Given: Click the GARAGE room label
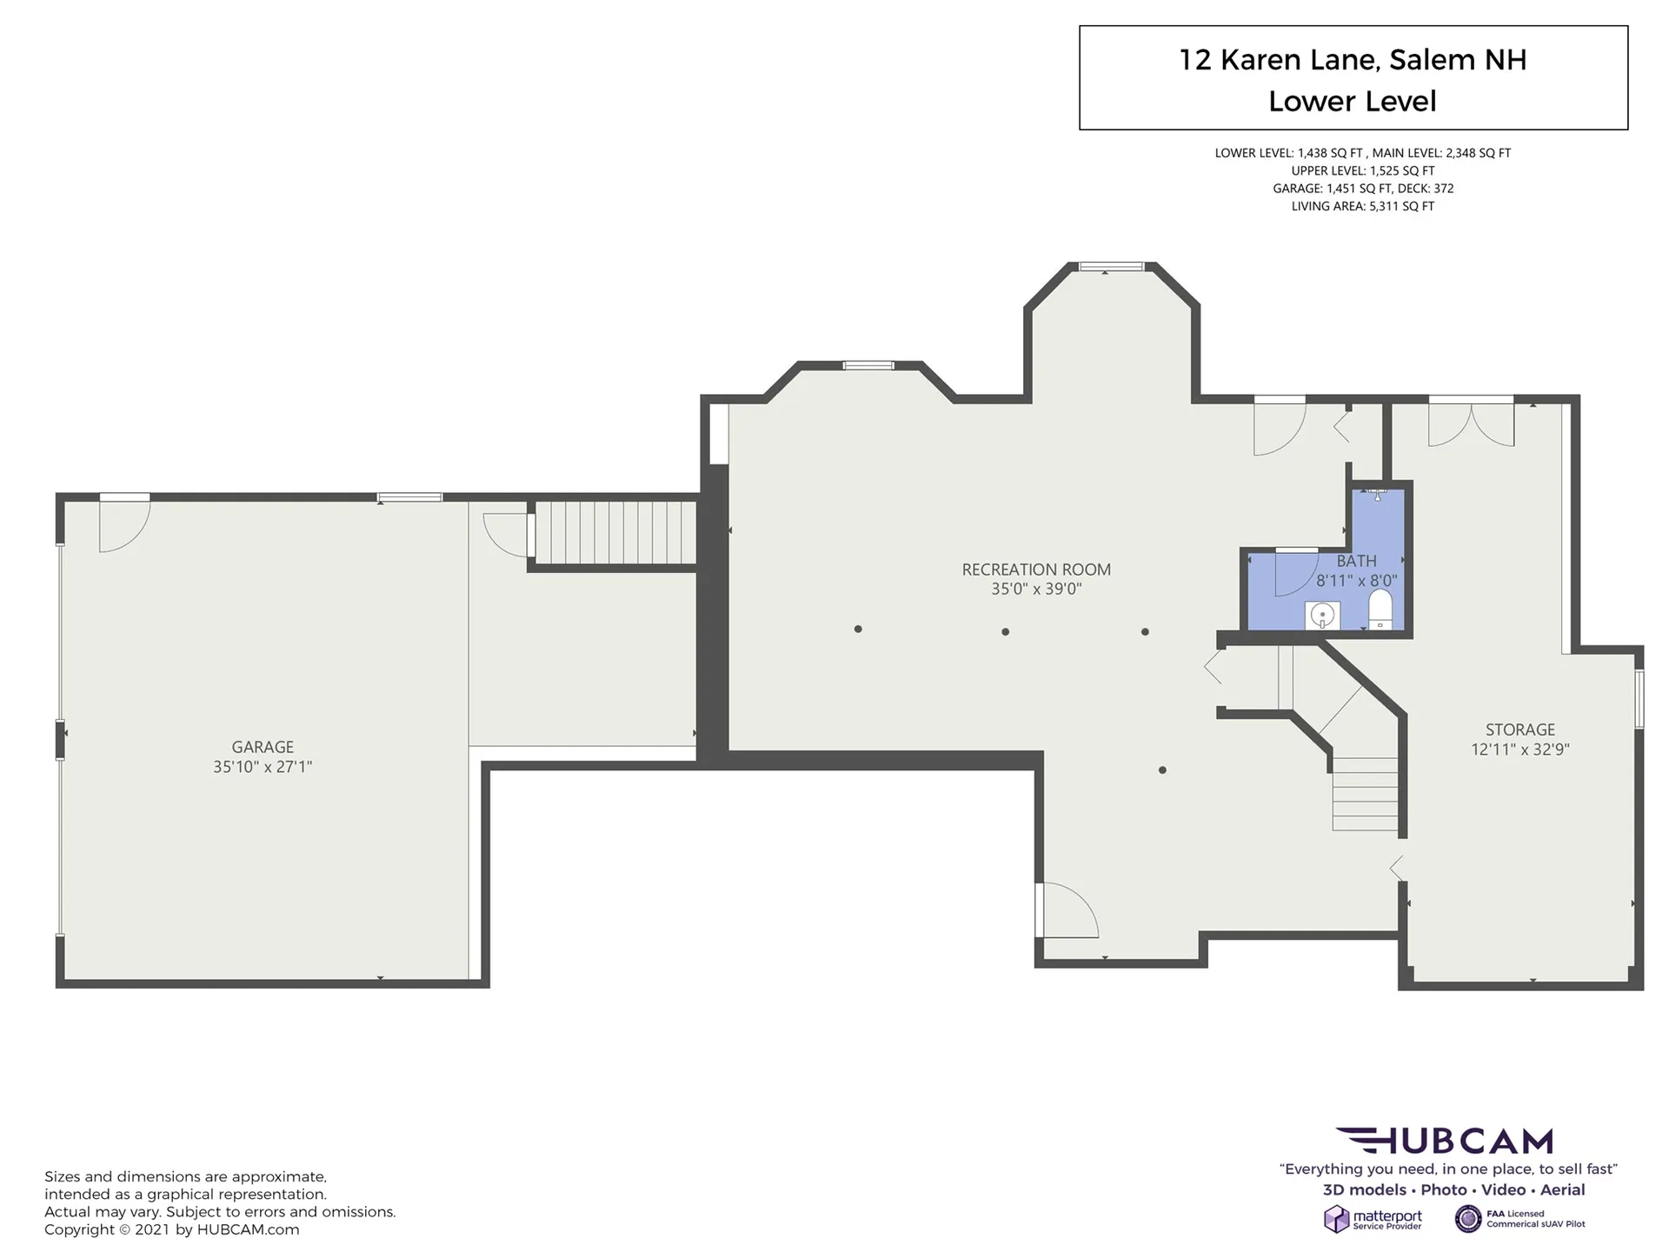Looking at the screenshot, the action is coord(263,747).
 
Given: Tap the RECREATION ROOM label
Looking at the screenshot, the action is coord(1036,569).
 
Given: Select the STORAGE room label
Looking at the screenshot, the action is coord(1520,729).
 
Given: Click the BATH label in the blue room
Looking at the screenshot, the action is coord(1357,561).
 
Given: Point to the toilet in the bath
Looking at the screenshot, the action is coord(1380,609).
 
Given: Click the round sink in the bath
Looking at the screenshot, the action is coord(1322,616).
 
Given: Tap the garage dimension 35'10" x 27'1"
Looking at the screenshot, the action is coord(263,767).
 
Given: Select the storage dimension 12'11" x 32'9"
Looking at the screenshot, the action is coord(1520,749).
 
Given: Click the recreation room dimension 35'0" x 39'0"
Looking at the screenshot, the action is coord(1036,589).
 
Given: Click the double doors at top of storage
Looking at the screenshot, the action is coord(1471,423).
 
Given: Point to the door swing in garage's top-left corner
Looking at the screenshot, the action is coord(124,524).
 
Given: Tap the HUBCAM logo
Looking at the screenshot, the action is coord(1445,1141).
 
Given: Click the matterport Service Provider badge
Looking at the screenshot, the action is coord(1373,1219).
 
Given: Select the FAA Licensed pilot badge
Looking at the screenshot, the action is coord(1520,1219).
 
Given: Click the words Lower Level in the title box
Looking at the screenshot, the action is coord(1353,102).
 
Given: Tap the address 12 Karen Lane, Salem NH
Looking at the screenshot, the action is coord(1353,60).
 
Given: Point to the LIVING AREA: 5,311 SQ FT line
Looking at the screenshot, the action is coord(1363,206).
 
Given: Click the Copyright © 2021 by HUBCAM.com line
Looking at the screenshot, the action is coord(172,1229).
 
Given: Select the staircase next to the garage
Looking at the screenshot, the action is coord(615,532).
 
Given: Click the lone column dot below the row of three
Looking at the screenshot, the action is coord(1162,769).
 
